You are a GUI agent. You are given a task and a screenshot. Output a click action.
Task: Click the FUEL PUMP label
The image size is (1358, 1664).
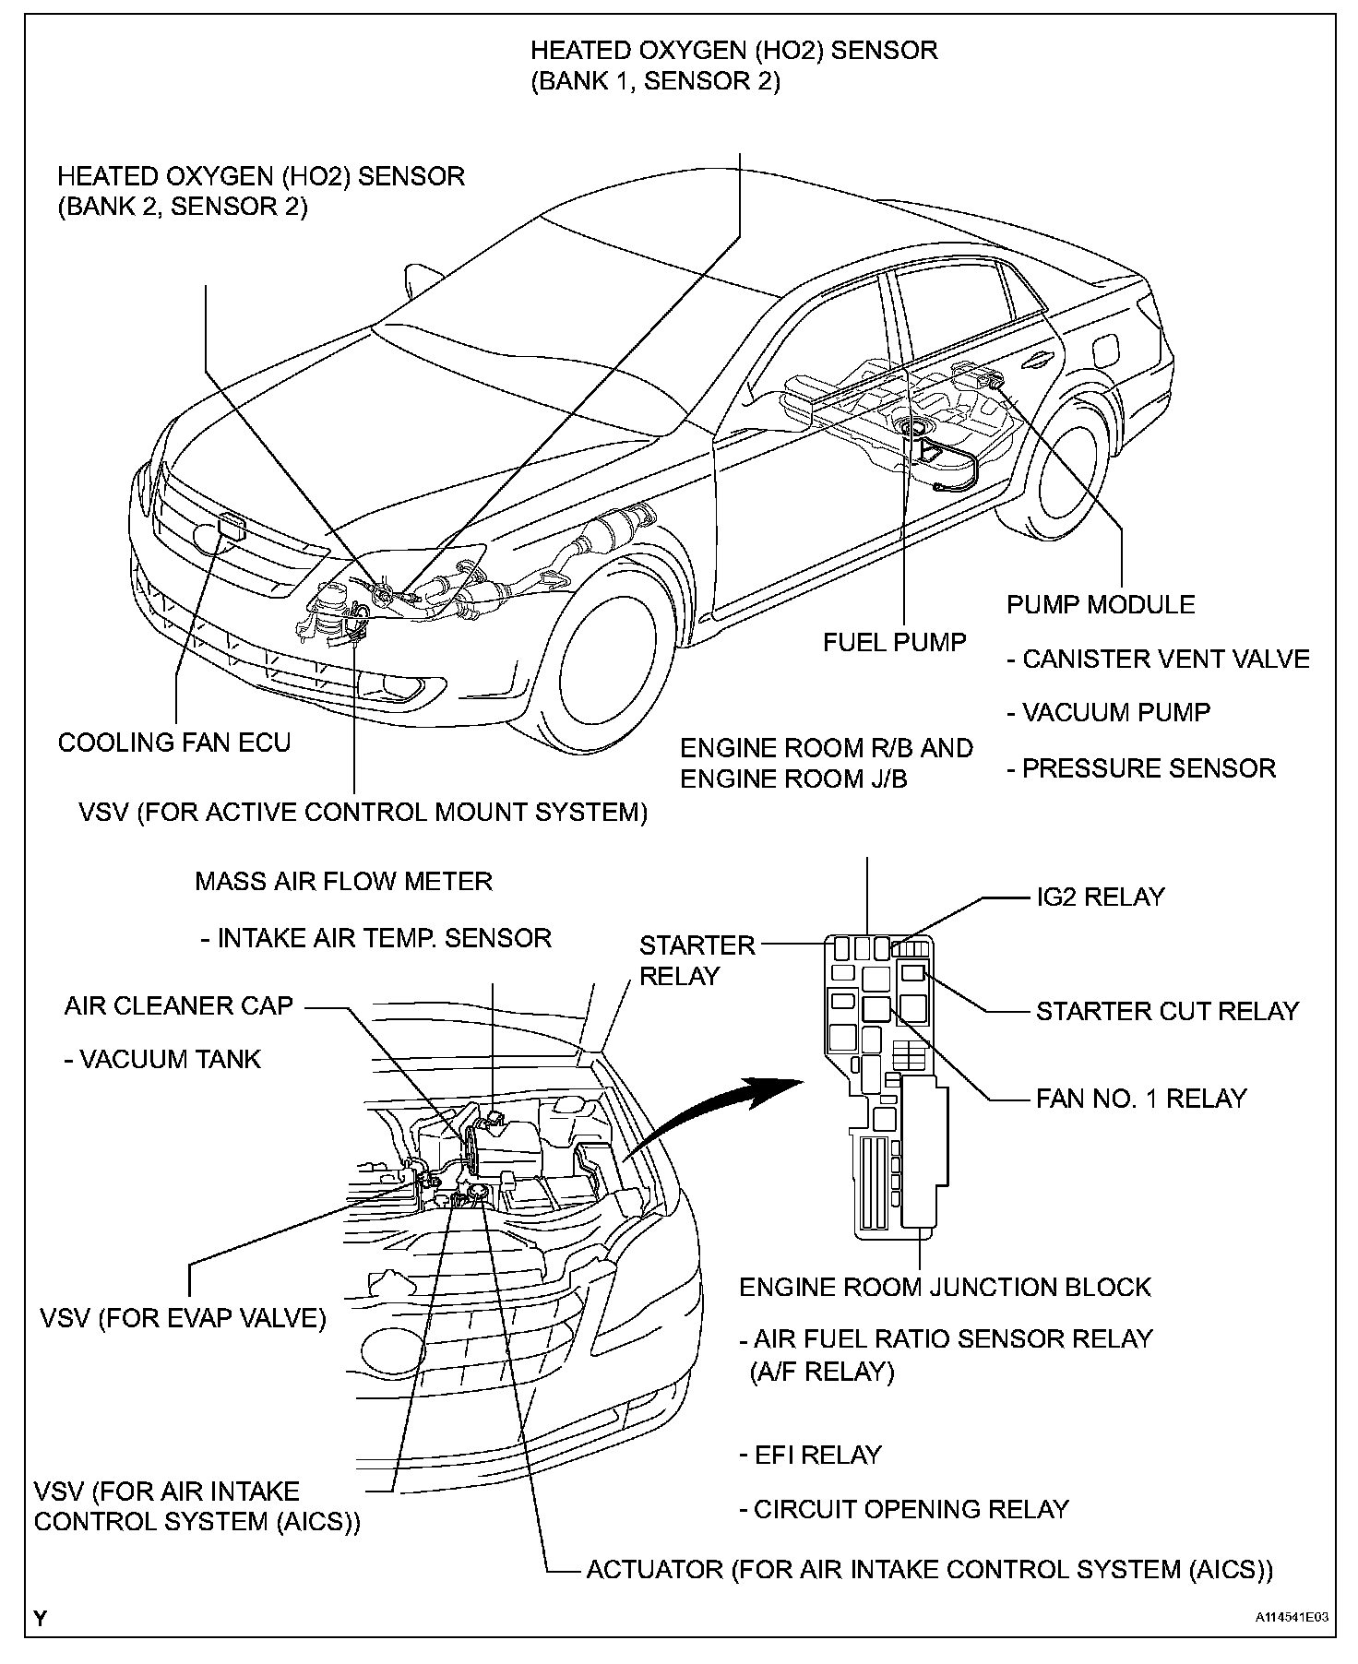click(894, 642)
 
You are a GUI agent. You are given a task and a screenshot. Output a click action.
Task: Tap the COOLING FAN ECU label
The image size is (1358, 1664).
click(174, 743)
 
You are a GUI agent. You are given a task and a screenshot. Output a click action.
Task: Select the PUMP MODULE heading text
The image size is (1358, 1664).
click(1101, 605)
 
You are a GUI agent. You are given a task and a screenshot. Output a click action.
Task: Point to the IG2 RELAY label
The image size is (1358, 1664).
click(1101, 897)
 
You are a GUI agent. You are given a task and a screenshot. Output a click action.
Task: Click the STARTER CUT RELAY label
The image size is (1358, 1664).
click(1167, 1011)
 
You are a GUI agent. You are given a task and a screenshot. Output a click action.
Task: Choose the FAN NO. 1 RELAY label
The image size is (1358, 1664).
click(1141, 1098)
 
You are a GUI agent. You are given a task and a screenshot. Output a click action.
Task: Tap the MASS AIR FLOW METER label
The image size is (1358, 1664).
click(343, 881)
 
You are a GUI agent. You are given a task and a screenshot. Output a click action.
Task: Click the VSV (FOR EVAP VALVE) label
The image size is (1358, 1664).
click(184, 1318)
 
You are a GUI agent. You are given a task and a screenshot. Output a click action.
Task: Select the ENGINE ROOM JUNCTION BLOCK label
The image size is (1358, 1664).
click(946, 1287)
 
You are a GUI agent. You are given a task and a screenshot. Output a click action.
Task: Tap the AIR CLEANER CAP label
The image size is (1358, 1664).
click(179, 1005)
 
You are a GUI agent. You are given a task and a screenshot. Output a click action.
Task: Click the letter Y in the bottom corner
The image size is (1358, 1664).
click(41, 1618)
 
